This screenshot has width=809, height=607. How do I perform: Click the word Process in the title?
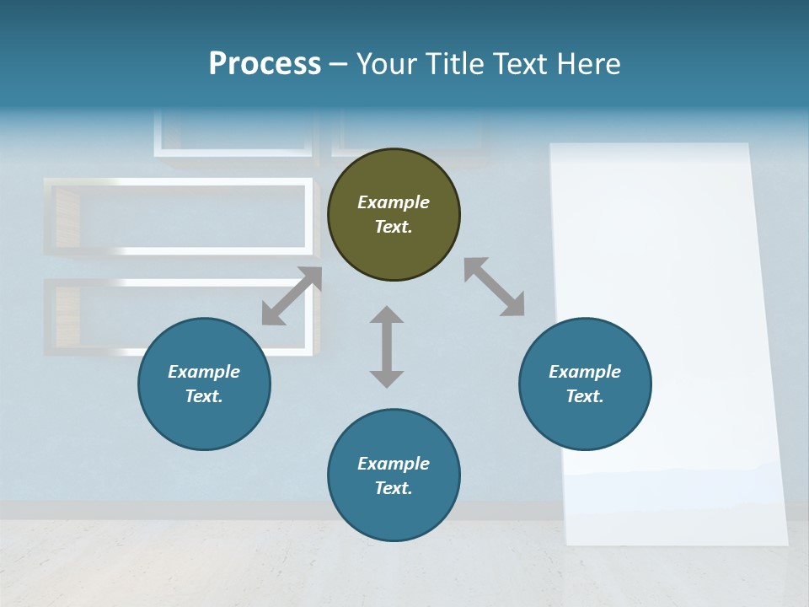(x=265, y=64)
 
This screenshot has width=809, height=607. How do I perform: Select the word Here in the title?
(x=588, y=64)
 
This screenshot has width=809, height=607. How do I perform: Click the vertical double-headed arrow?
(x=387, y=346)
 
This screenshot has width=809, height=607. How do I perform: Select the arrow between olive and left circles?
(x=292, y=295)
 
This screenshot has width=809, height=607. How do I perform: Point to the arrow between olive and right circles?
(x=494, y=287)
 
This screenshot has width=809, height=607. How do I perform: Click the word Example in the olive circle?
(x=394, y=202)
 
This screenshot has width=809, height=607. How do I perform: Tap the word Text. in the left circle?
(x=204, y=396)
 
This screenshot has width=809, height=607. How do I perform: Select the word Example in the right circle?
(x=585, y=372)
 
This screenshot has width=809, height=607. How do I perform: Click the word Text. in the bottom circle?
(x=394, y=488)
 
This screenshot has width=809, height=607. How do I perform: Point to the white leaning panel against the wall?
(x=666, y=337)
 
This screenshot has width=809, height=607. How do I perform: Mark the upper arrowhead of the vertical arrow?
(x=387, y=316)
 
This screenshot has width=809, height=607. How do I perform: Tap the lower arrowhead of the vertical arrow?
(x=387, y=378)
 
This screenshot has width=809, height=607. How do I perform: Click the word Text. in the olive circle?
(x=394, y=227)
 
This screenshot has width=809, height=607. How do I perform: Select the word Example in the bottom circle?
(x=394, y=464)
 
